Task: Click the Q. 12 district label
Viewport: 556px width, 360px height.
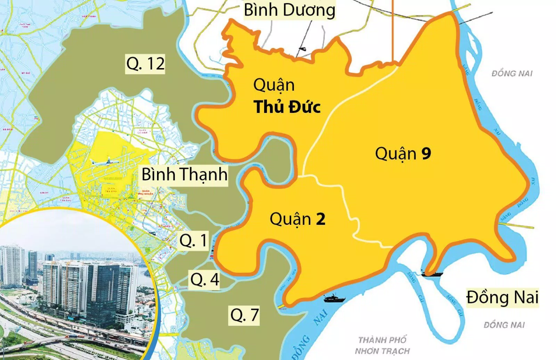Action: click(x=145, y=64)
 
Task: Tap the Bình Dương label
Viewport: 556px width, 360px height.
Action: click(x=289, y=10)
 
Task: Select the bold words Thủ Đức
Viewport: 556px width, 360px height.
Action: click(x=287, y=107)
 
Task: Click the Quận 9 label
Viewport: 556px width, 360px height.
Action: click(x=403, y=153)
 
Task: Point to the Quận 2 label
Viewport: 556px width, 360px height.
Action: click(x=297, y=219)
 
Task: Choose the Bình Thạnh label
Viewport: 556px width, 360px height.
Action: click(x=185, y=174)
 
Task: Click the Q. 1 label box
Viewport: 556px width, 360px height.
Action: click(x=194, y=240)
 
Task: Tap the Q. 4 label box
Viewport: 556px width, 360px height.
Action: click(x=205, y=279)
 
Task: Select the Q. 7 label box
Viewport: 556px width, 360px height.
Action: click(x=244, y=315)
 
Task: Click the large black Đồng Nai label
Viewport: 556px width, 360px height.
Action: click(x=502, y=297)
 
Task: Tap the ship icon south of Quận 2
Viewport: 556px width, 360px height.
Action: click(x=334, y=298)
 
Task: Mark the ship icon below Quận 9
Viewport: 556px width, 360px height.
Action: click(x=432, y=273)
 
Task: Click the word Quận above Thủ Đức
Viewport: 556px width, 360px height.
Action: click(x=274, y=85)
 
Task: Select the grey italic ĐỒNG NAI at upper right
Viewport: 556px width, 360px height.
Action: click(x=512, y=73)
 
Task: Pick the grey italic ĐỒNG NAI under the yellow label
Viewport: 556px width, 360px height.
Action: click(x=504, y=325)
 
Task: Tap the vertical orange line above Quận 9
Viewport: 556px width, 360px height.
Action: click(x=392, y=31)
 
